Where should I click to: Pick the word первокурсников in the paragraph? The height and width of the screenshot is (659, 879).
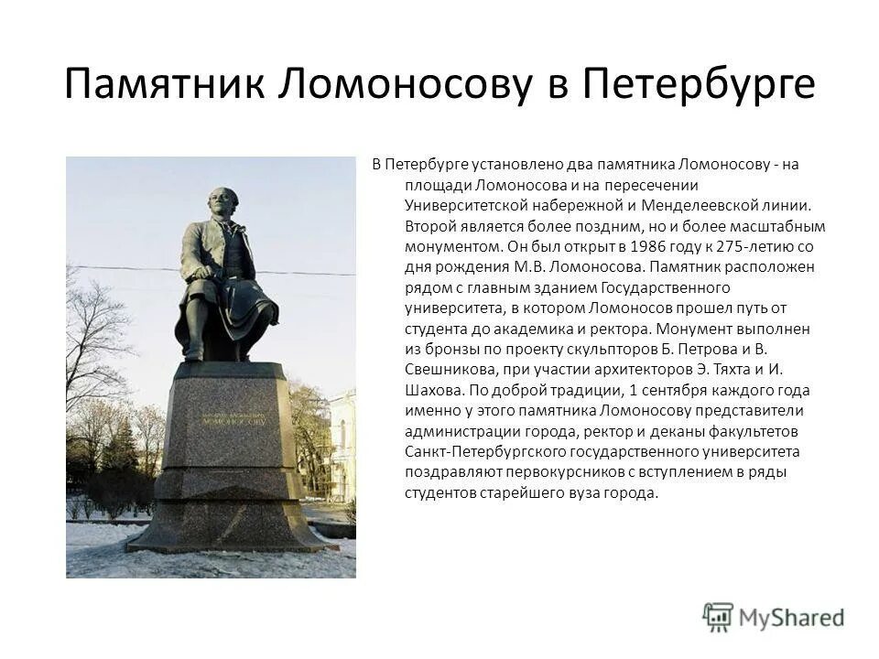click(537, 472)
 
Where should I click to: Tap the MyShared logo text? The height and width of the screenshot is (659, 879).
click(792, 617)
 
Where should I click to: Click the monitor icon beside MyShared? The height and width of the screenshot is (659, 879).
click(718, 616)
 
